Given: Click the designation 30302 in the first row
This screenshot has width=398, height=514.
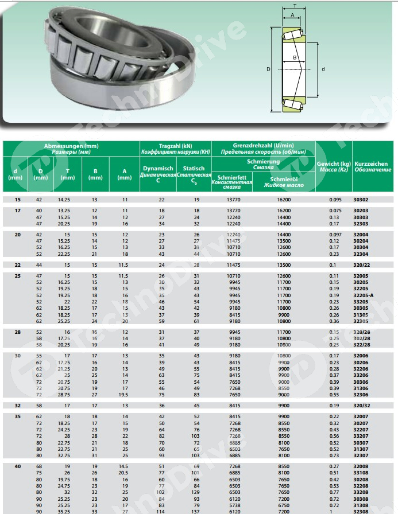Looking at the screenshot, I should click(x=360, y=200).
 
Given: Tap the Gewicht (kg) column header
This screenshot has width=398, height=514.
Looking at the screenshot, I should click(x=334, y=167).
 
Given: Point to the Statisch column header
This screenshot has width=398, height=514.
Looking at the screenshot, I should click(x=194, y=173).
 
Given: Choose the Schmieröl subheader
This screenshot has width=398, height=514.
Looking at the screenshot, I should click(x=281, y=181).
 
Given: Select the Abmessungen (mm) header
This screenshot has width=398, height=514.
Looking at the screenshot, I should click(x=71, y=149).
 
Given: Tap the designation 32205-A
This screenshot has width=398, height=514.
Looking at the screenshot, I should click(x=363, y=295).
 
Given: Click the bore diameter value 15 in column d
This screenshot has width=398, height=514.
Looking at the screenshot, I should click(x=18, y=200).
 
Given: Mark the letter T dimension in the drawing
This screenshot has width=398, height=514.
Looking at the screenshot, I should click(x=295, y=5).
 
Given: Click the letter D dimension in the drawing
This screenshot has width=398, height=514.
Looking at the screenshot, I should click(x=269, y=69).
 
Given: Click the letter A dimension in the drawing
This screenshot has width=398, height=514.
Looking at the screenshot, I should click(x=292, y=15).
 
